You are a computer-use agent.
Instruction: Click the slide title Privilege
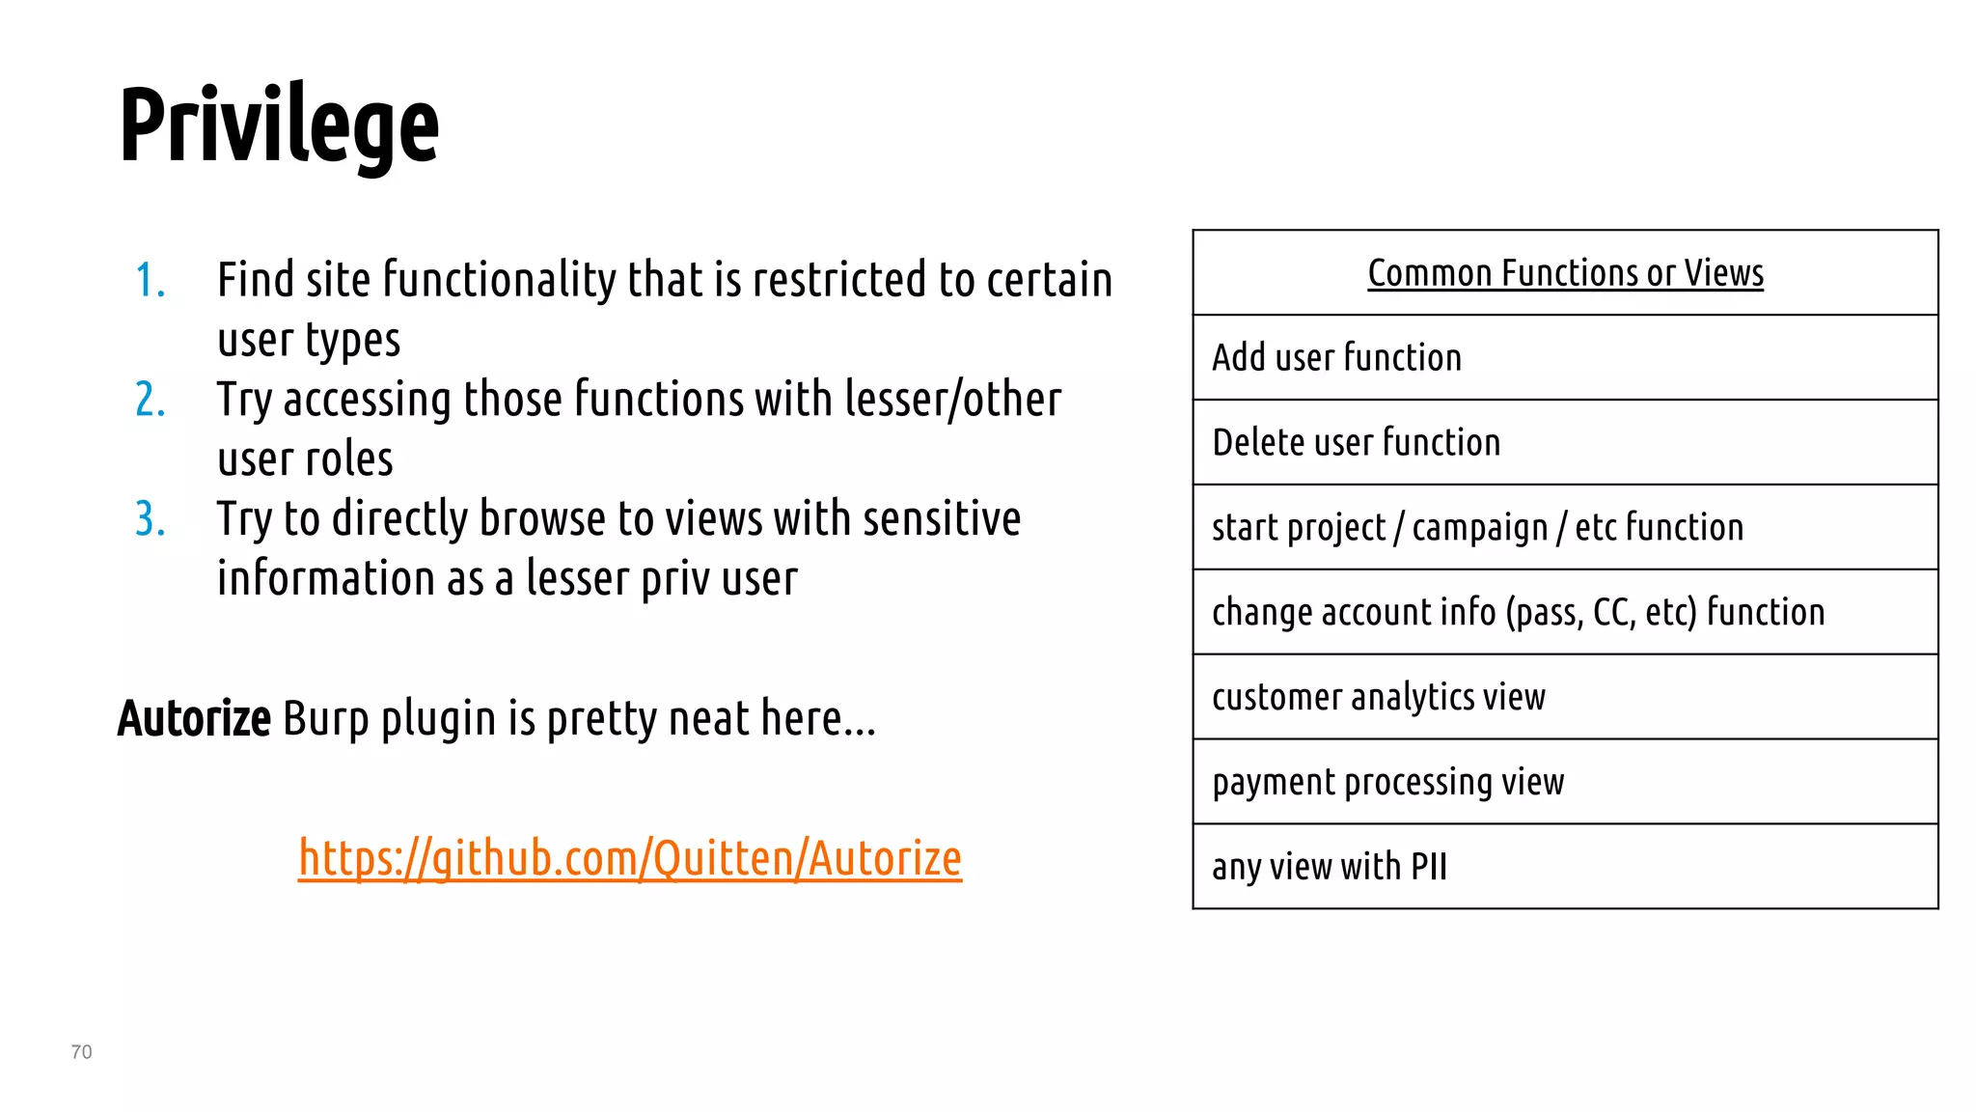[279, 125]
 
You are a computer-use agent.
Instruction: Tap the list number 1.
[150, 281]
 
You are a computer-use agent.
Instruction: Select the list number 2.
[151, 400]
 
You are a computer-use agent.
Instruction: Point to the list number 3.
[151, 519]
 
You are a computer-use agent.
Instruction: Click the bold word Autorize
[194, 719]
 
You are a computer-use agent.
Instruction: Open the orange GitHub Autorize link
[629, 858]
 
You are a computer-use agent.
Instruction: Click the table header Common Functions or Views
[1565, 273]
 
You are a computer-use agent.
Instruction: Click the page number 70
[82, 1052]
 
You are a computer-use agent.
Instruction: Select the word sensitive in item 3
[942, 519]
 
